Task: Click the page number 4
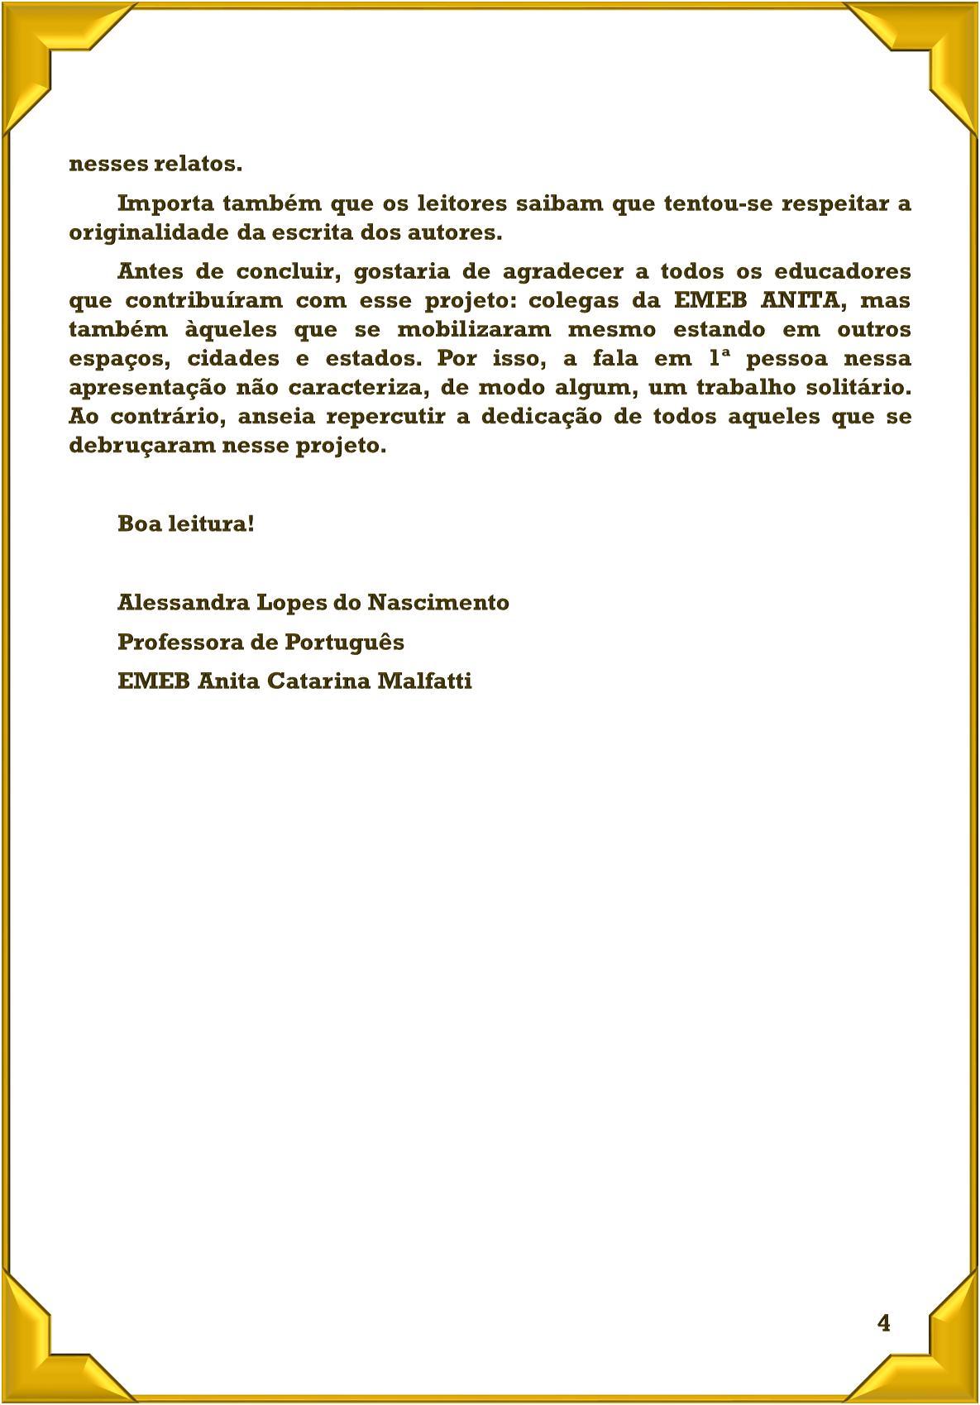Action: coord(884,1323)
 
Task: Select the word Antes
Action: coord(150,271)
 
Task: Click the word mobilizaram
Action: coord(474,329)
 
